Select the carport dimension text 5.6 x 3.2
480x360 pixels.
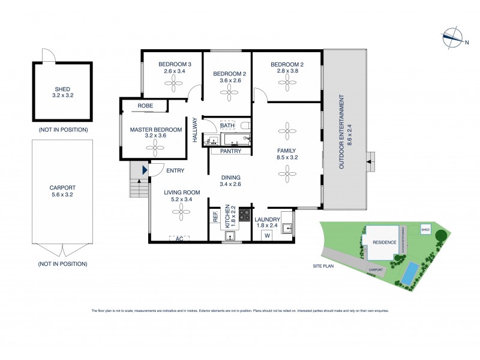pyautogui.click(x=62, y=194)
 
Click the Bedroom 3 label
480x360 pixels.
pyautogui.click(x=175, y=64)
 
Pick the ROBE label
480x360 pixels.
pyautogui.click(x=145, y=106)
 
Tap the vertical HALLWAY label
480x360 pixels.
pyautogui.click(x=195, y=129)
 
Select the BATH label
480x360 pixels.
pyautogui.click(x=236, y=125)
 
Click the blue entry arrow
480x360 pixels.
pyautogui.click(x=144, y=171)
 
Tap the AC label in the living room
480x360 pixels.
pyautogui.click(x=178, y=238)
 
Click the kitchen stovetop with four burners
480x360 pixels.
pyautogui.click(x=245, y=215)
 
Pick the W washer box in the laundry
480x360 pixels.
pyautogui.click(x=268, y=235)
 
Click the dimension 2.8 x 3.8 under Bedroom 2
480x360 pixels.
pyautogui.click(x=284, y=71)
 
